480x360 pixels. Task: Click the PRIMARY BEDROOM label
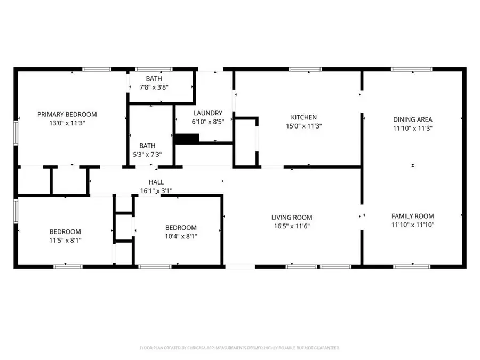(x=67, y=114)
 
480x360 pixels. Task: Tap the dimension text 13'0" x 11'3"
(x=67, y=123)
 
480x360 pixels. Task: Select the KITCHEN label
(x=303, y=117)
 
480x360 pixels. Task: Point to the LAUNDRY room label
(x=207, y=113)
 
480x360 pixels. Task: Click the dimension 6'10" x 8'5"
(x=207, y=121)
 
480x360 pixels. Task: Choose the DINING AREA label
(x=413, y=119)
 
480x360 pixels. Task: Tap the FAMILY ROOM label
(x=413, y=216)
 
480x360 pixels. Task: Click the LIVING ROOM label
(x=292, y=217)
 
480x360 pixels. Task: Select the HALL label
(x=156, y=182)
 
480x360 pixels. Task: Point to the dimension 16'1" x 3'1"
(x=156, y=190)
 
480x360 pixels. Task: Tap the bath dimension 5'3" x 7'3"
(x=147, y=154)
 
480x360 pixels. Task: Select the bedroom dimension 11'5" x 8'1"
(x=65, y=240)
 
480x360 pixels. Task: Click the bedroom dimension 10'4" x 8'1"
(x=180, y=236)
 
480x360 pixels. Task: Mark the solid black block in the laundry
(x=187, y=139)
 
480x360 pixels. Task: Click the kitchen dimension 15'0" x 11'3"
(x=303, y=126)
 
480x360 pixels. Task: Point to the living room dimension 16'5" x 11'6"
(x=292, y=226)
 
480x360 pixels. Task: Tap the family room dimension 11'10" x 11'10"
(x=413, y=225)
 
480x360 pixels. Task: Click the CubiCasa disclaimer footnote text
(x=240, y=348)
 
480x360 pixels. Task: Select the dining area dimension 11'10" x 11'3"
(x=413, y=128)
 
